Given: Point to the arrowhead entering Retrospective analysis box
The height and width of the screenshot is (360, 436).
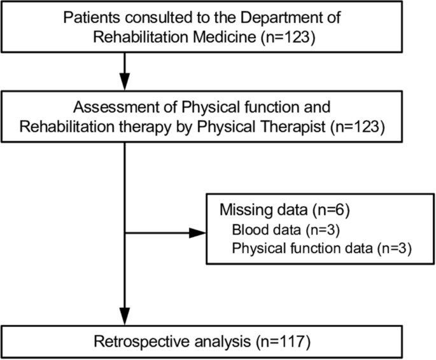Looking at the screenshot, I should [127, 317].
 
